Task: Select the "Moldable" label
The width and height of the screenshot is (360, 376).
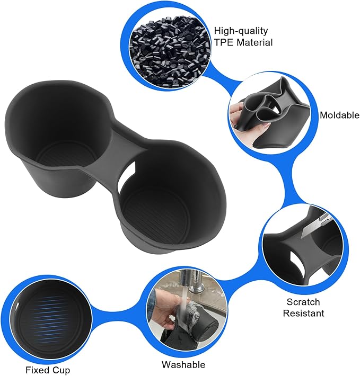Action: coord(339,115)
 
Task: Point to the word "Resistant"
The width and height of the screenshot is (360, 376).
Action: coord(304,313)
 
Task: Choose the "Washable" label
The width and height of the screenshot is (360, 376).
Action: coord(183,364)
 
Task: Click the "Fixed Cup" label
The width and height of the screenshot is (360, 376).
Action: coord(47,370)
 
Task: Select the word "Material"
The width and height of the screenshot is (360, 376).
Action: coord(255,42)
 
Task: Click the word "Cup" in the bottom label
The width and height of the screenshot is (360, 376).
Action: coord(61,370)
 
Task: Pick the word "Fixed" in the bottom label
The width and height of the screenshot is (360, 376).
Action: coord(37,370)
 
